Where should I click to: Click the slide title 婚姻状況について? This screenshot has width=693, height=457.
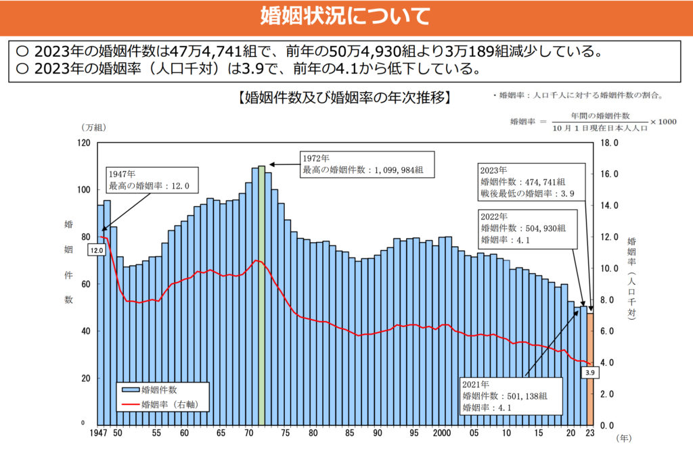pos(346,16)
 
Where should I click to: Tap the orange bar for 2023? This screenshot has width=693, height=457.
pos(590,368)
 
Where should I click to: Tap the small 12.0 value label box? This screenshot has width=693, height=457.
pos(97,250)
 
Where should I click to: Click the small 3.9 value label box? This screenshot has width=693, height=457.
pos(589,372)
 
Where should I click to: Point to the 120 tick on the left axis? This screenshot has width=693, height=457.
pos(83,143)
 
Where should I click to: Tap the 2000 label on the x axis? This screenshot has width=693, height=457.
pos(442,433)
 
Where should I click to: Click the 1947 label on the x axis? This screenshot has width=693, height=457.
pos(100,433)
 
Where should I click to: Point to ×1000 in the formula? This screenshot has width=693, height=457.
pos(663,122)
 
